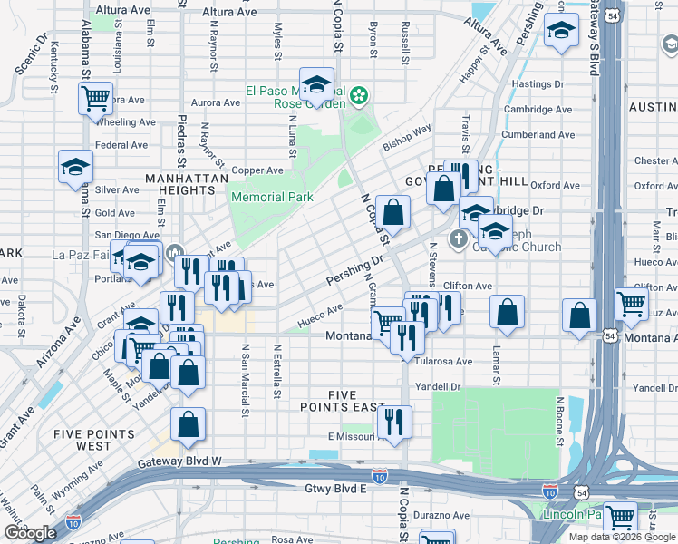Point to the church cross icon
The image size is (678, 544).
point(459,239)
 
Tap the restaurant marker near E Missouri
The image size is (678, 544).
point(393,421)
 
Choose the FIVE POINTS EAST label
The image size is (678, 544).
point(338,402)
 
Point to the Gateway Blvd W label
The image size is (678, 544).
point(180,463)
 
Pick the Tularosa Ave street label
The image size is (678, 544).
point(443,361)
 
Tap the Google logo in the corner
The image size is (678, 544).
point(30,533)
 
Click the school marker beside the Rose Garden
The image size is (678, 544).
point(316,84)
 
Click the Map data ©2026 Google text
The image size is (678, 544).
point(622,537)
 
